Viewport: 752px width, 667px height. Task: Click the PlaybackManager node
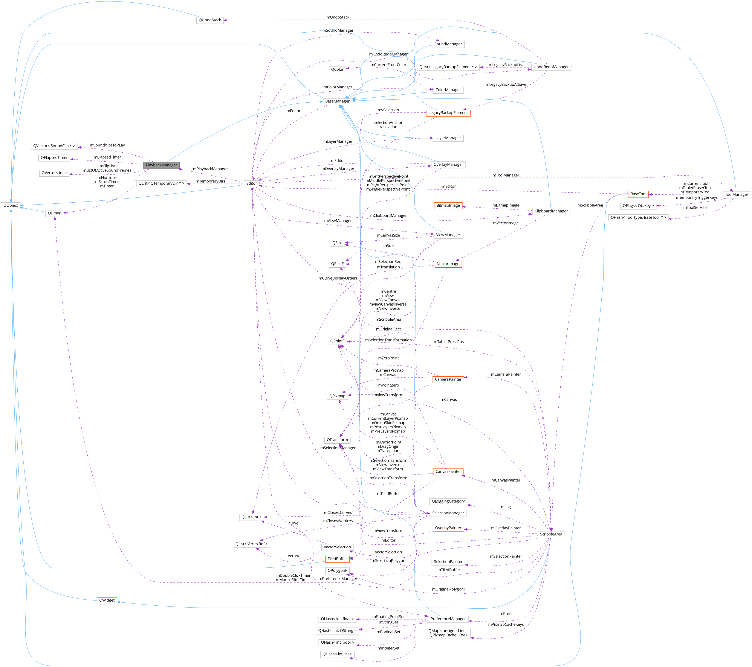161,165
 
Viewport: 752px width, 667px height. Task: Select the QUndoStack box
210,20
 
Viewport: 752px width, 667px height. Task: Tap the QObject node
11,205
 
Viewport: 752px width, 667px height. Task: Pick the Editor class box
252,183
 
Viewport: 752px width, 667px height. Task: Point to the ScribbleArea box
551,534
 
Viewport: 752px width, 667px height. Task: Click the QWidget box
107,600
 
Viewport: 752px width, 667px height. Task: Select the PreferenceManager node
448,619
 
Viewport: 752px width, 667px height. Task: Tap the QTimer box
54,213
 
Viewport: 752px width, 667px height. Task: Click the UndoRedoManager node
551,67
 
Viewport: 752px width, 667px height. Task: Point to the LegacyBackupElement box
448,113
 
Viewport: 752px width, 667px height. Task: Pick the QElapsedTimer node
54,158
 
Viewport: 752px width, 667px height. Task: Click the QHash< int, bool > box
337,642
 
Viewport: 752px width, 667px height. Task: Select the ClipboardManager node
551,211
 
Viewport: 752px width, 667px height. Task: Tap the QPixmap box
337,396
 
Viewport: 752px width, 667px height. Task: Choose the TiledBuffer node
337,559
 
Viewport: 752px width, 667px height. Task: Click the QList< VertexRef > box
252,544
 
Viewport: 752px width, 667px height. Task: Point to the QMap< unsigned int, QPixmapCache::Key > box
448,633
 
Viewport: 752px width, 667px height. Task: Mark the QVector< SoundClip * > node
54,146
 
